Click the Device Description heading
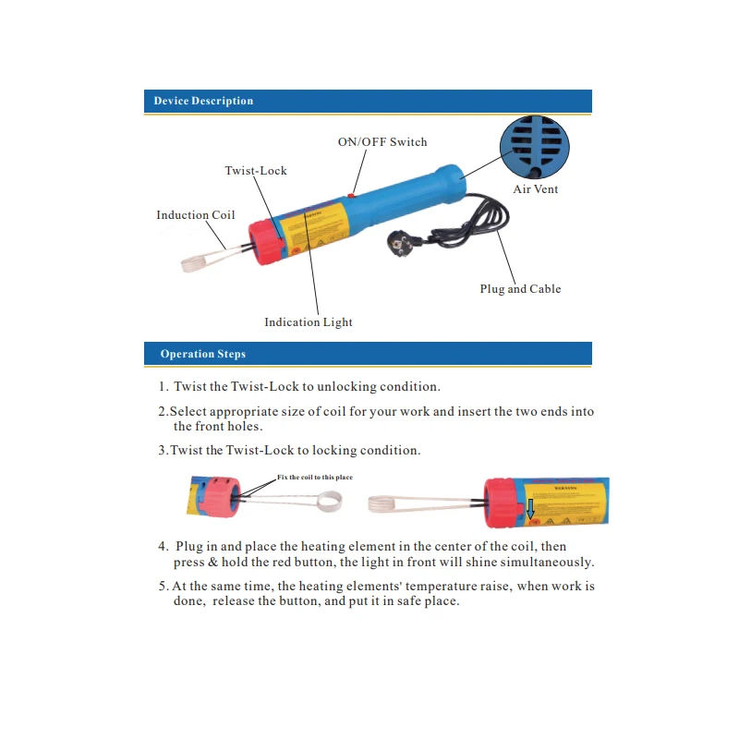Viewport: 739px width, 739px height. (x=203, y=101)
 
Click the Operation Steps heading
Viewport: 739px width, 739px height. (x=202, y=354)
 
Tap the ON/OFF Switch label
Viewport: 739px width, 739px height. (x=382, y=142)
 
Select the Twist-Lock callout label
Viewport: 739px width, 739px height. (x=256, y=171)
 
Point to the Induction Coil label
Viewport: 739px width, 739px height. (x=195, y=215)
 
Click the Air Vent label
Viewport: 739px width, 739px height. (x=536, y=189)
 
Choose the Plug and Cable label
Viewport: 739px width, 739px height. (x=520, y=289)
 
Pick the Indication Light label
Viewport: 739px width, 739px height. (x=309, y=322)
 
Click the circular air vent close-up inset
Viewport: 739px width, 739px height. (x=535, y=148)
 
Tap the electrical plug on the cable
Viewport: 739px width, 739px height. (x=404, y=245)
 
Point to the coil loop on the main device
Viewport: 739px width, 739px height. (x=195, y=262)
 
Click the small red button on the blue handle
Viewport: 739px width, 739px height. (x=352, y=195)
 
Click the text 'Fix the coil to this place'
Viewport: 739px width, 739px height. (x=314, y=478)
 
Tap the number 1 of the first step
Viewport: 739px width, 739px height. (x=162, y=387)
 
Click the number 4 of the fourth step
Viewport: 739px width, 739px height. (x=162, y=547)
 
